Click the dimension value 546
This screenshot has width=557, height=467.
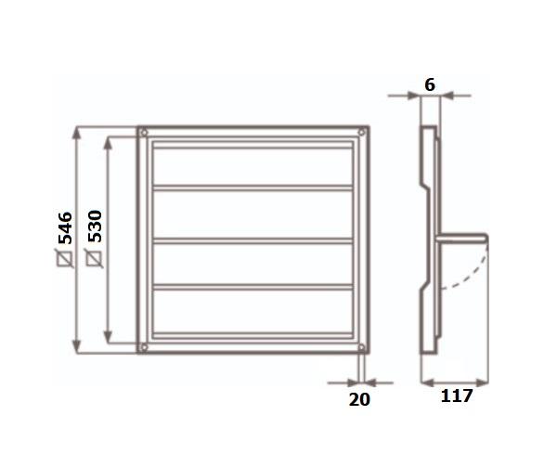pos(65,228)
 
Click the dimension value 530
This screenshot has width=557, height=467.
pos(95,227)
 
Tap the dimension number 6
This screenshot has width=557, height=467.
pos(430,85)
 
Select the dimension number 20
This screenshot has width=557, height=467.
pos(359,399)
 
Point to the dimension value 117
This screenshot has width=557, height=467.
pos(457,396)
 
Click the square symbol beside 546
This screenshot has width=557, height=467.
pos(65,258)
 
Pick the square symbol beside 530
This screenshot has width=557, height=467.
pos(95,258)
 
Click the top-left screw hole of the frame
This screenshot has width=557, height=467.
pos(144,133)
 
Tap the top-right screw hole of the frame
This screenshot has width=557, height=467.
pos(362,133)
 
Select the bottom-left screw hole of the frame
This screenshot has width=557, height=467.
pos(144,347)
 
